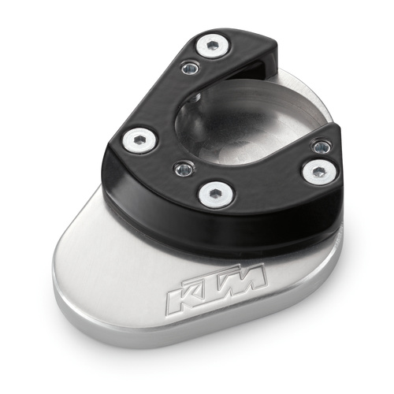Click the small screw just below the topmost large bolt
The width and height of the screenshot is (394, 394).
tap(188, 69)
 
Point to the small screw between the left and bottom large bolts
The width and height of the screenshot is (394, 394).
tap(180, 167)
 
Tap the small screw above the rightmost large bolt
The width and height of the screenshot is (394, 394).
tap(320, 147)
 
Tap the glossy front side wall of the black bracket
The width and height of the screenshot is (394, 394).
tap(236, 229)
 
